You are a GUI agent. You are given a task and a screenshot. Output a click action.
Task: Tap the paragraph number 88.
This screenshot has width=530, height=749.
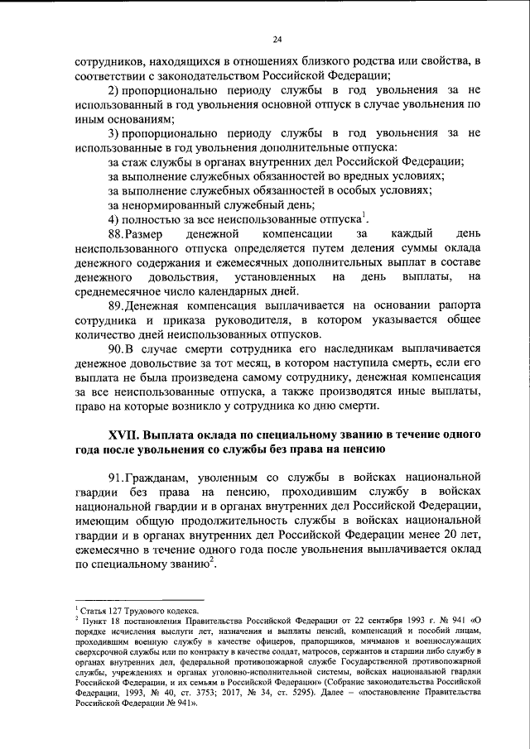pyautogui.click(x=118, y=235)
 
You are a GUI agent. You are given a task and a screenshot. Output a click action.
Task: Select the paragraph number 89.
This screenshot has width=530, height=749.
pyautogui.click(x=118, y=304)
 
